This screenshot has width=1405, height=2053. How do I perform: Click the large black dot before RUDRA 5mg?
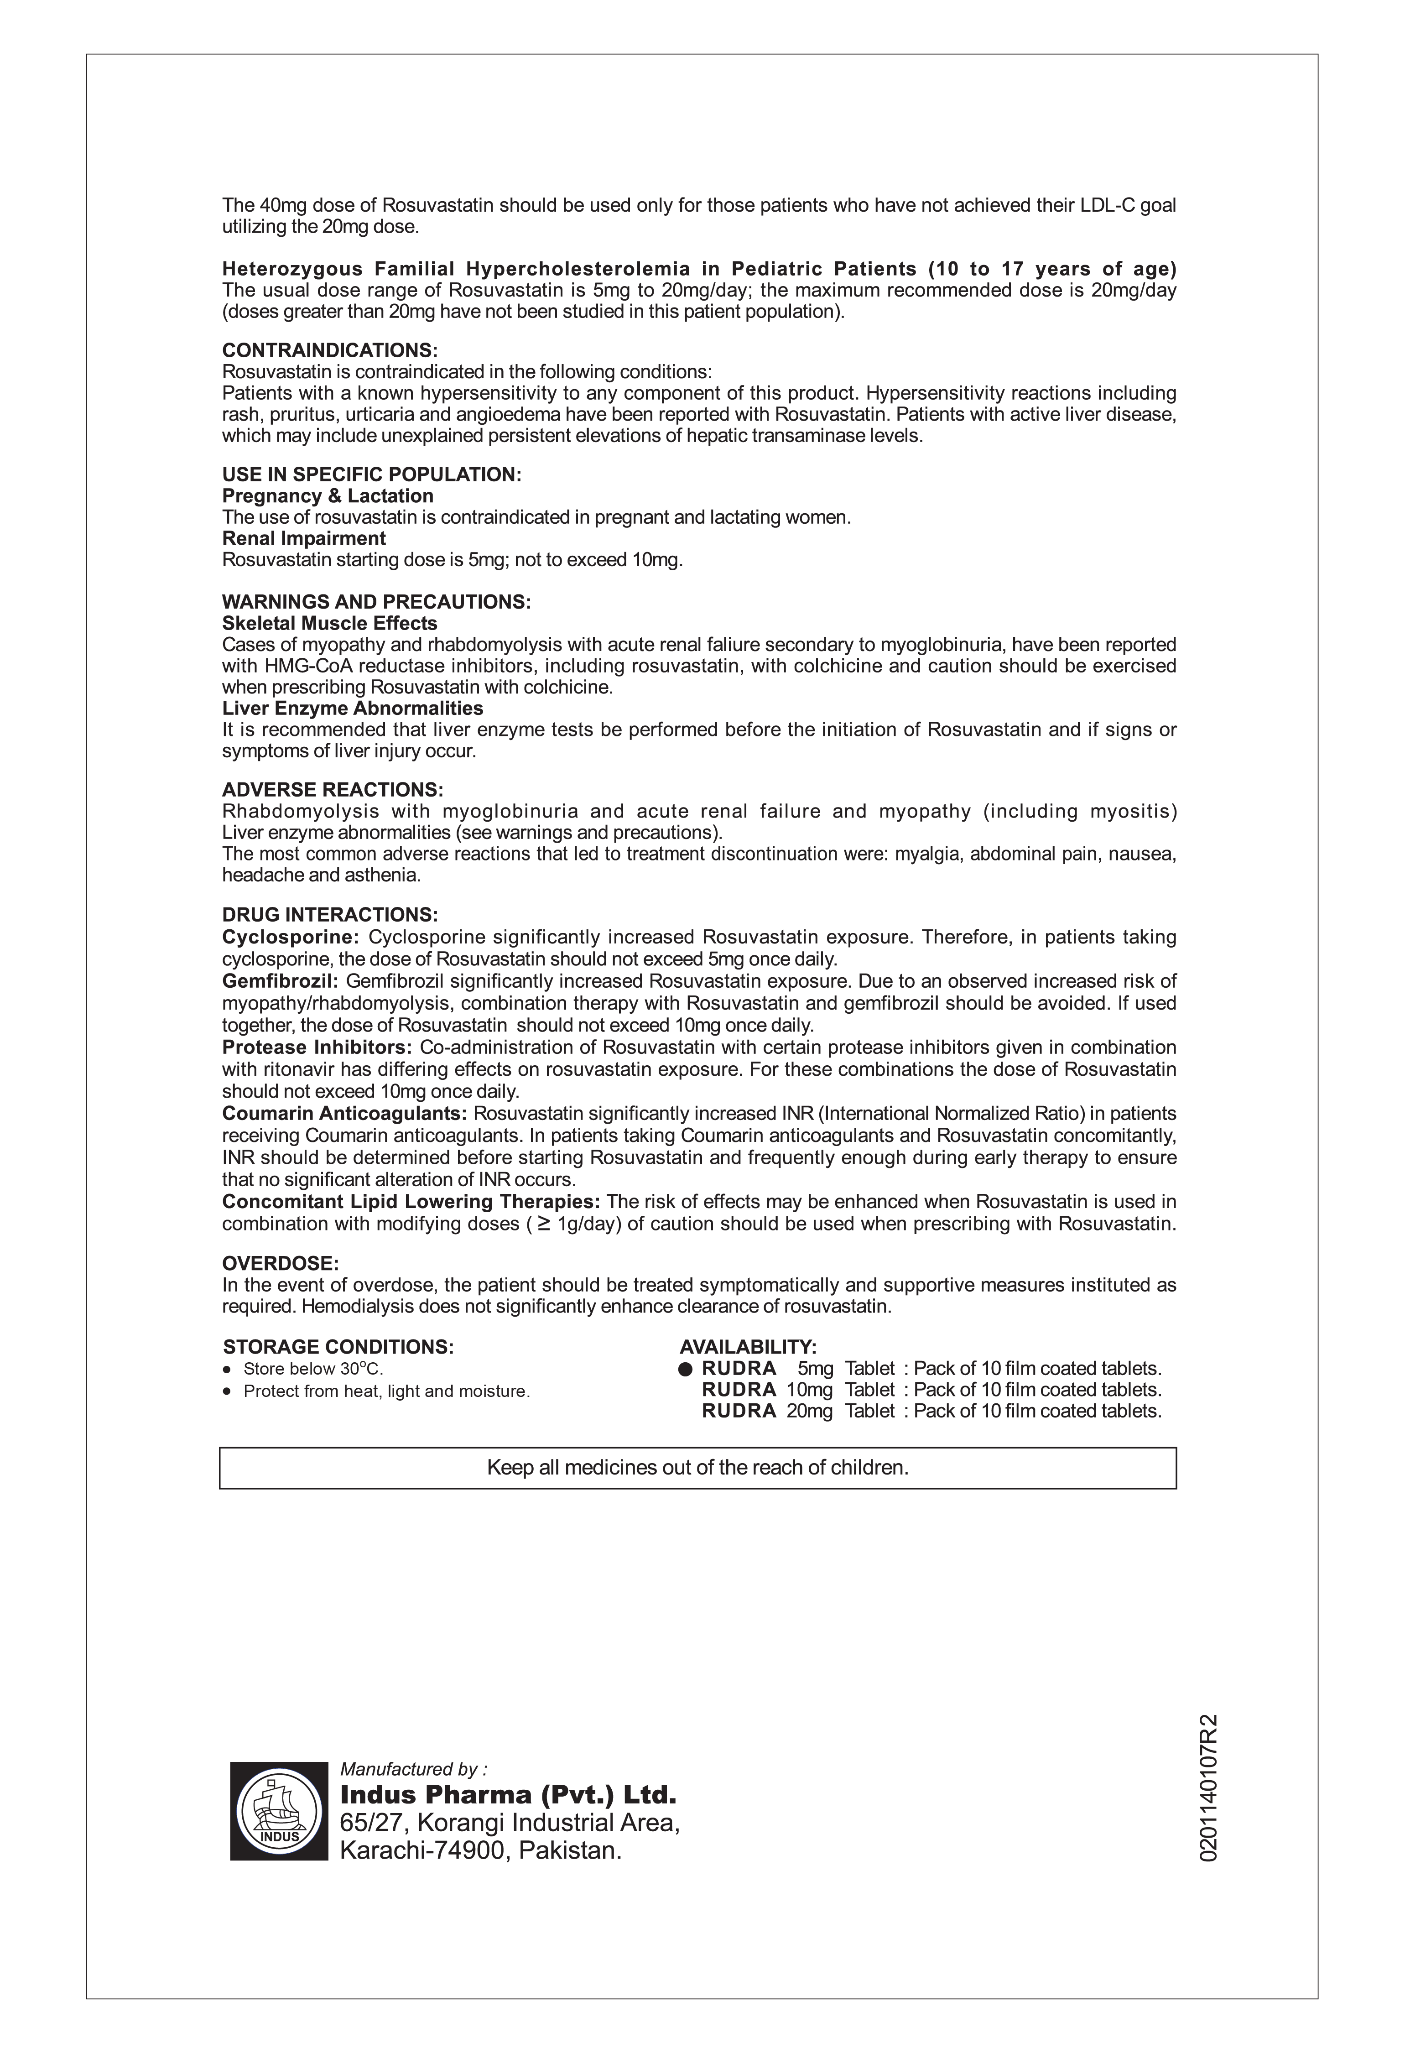(686, 1369)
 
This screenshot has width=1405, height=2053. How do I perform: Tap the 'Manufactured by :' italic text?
(413, 1769)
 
